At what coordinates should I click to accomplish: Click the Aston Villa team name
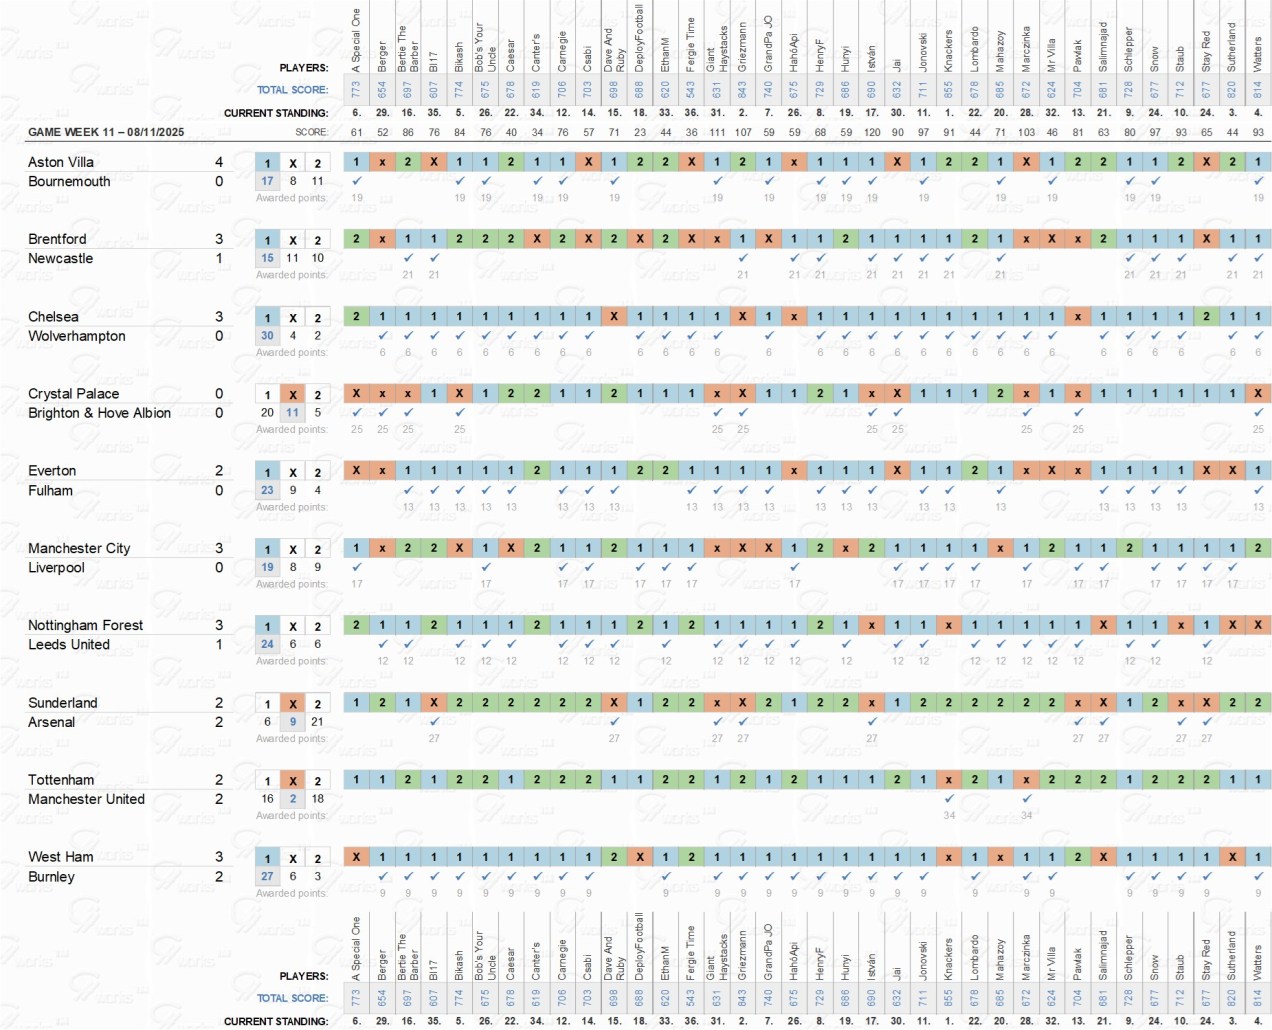click(61, 162)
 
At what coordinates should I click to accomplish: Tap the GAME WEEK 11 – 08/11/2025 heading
click(106, 132)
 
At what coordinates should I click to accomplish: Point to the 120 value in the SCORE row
click(872, 132)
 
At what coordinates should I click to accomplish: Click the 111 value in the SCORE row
click(717, 132)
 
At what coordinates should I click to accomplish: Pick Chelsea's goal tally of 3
click(219, 317)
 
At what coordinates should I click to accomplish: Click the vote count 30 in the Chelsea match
click(267, 336)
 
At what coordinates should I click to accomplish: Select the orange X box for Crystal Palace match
click(292, 394)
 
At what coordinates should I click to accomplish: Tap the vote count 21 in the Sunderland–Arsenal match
click(317, 721)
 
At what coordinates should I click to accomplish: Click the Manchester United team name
click(86, 799)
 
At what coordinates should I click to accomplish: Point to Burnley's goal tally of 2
click(219, 877)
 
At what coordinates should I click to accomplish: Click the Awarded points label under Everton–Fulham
click(291, 507)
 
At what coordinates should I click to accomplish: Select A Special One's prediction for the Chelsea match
click(356, 316)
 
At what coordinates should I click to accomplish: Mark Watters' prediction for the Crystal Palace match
click(1258, 393)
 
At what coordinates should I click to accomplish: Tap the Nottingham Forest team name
click(85, 625)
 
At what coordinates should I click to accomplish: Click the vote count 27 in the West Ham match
click(267, 876)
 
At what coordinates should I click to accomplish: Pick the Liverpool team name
click(56, 567)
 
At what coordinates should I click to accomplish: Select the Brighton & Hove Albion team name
click(99, 413)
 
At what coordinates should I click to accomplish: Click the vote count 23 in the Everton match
click(267, 490)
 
